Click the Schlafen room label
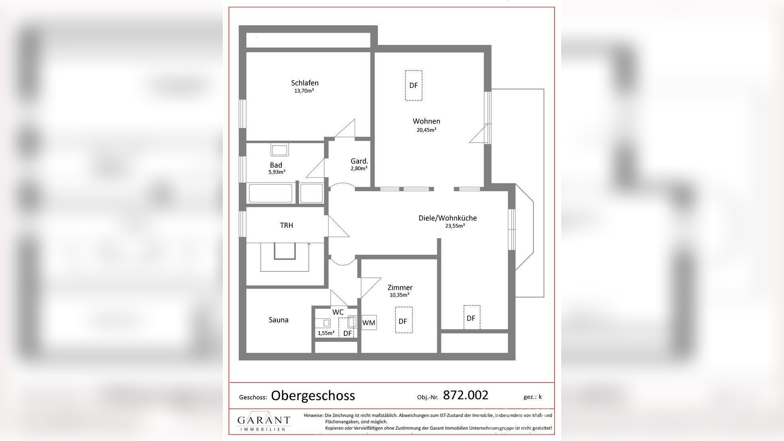305,83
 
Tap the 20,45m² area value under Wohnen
426,130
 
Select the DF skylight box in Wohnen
414,85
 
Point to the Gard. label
359,161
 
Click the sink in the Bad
279,150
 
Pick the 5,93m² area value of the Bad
277,172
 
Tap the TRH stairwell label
287,225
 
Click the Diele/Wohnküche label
448,218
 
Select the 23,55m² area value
455,226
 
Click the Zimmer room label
400,287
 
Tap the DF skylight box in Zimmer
404,320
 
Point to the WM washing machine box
369,322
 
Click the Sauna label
279,320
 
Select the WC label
338,312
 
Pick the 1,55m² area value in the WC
326,333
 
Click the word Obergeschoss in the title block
313,396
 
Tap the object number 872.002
466,395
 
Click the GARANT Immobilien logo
264,421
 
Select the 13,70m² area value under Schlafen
304,91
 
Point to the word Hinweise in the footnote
313,415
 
